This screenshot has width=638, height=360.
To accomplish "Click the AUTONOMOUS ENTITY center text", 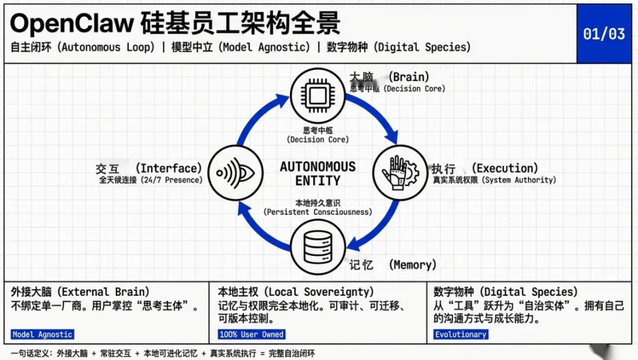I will pyautogui.click(x=318, y=173).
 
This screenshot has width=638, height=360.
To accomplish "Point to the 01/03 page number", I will pyautogui.click(x=604, y=34).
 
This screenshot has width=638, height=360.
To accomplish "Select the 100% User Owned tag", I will pyautogui.click(x=252, y=335).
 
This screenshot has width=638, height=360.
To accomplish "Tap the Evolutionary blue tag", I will pyautogui.click(x=461, y=335).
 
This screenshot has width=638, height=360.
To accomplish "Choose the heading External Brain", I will pyautogui.click(x=80, y=292).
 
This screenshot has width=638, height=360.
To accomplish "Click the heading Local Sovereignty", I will pyautogui.click(x=296, y=292).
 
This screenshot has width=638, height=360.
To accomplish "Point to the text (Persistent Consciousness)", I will pyautogui.click(x=318, y=212).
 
